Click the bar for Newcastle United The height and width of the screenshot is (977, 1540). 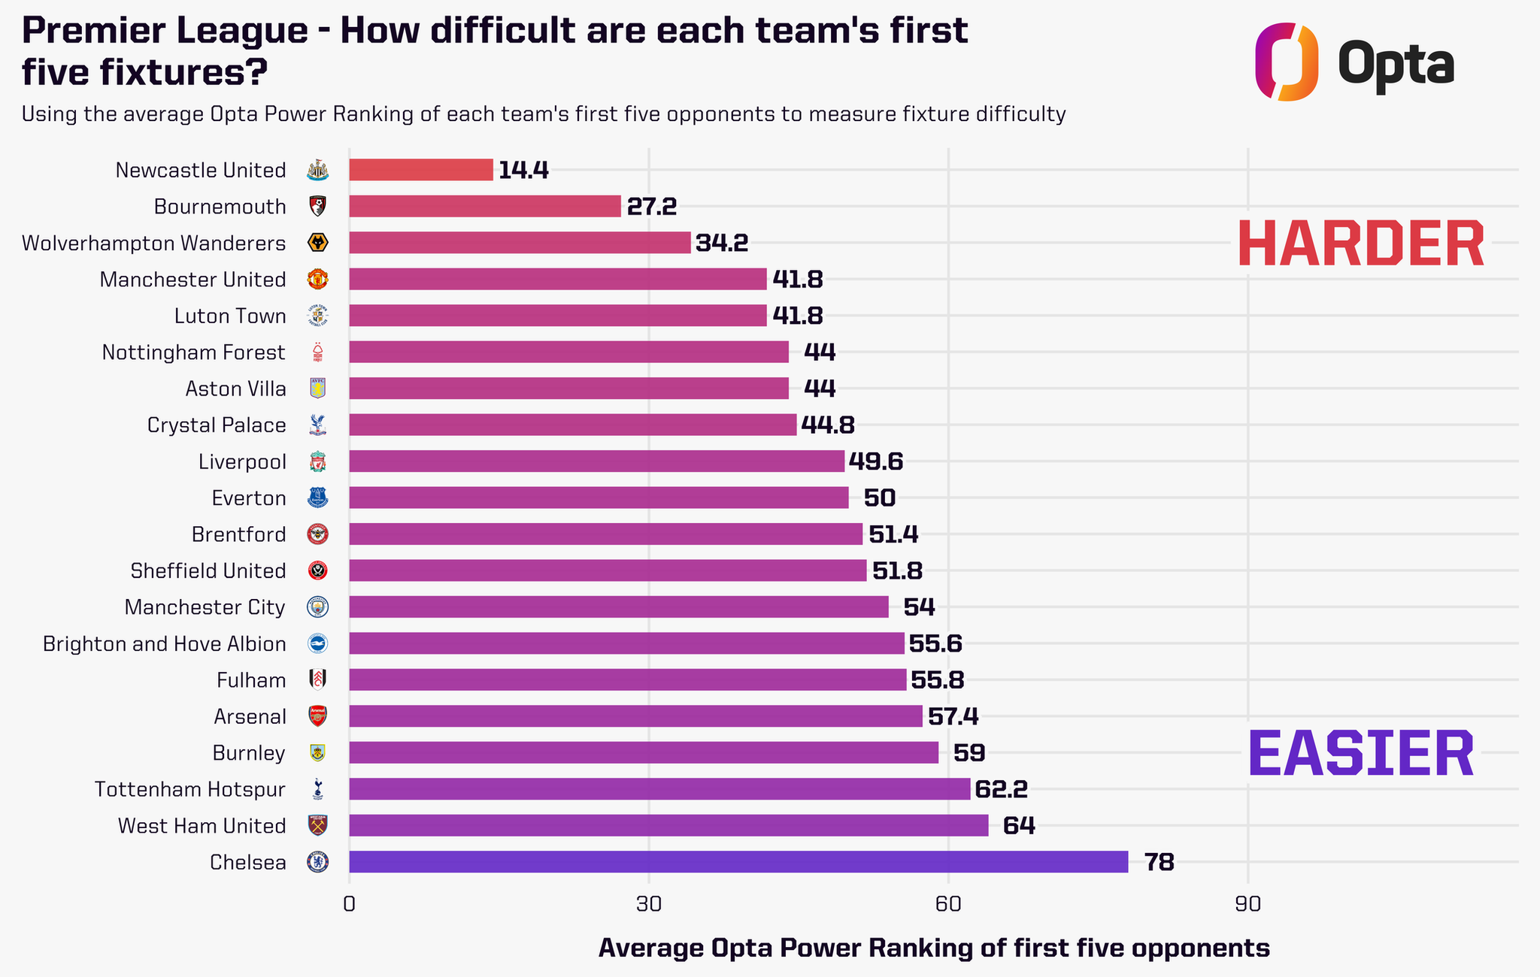tap(421, 170)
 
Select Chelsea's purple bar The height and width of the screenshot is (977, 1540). tap(738, 862)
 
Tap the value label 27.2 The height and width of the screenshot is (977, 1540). tap(652, 207)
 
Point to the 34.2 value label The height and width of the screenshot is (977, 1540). tap(722, 243)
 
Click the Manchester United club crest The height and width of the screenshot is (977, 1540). tap(318, 280)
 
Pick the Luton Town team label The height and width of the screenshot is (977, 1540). tap(230, 316)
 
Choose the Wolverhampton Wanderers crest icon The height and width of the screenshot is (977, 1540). tap(318, 243)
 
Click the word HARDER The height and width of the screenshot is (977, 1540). tap(1361, 244)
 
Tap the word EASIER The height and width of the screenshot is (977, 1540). tap(1361, 754)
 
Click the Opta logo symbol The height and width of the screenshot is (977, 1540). tap(1287, 62)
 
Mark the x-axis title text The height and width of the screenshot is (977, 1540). tap(934, 948)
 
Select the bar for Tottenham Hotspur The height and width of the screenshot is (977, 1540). tap(659, 789)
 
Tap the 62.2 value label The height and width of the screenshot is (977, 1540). tap(1001, 789)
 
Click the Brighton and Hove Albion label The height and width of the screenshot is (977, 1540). tap(165, 644)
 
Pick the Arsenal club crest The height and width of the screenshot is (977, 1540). tap(318, 716)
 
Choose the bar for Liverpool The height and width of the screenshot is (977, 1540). tap(597, 461)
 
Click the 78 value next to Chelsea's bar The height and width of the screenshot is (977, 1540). tap(1159, 862)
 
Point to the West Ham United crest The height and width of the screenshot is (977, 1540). tap(318, 825)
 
